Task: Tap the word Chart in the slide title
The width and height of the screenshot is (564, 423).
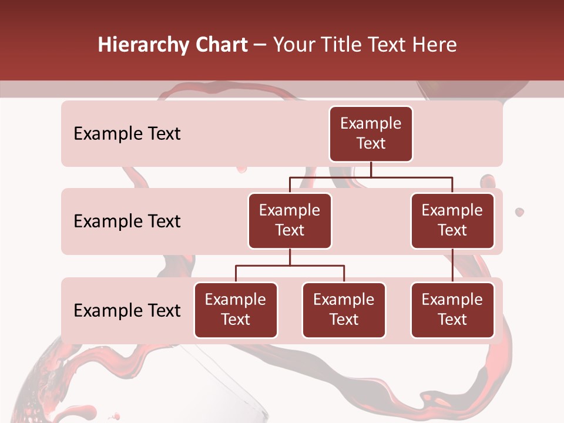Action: point(220,45)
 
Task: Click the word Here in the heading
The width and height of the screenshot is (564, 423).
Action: point(435,45)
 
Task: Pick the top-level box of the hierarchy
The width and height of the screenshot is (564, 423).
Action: point(371,133)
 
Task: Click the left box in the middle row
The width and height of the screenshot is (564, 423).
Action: point(290,220)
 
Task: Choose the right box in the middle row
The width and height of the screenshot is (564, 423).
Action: point(452,220)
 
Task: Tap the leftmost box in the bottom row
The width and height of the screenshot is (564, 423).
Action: point(236,310)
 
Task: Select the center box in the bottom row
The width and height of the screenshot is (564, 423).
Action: point(344,310)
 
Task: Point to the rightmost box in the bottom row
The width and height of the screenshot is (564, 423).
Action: point(452,310)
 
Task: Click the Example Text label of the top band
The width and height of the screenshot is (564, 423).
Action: point(127,134)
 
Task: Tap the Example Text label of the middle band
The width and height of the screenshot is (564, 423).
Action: point(127,221)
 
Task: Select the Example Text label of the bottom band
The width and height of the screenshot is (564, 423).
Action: point(127,310)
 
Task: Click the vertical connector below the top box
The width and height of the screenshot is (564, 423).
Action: point(371,169)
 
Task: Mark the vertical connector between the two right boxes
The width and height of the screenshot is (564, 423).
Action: point(452,266)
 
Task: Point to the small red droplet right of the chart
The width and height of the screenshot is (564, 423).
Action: point(519,211)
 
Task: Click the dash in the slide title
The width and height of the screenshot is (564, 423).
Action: point(260,46)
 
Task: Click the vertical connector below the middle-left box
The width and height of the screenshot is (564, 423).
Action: point(290,257)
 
